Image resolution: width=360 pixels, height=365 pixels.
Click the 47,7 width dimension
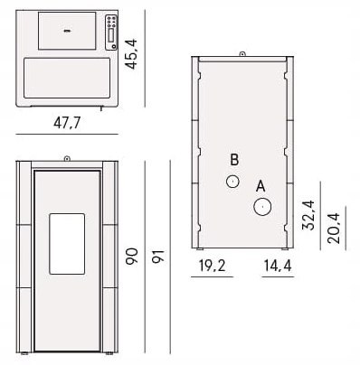click(67, 123)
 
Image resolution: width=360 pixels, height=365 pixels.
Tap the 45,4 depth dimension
click(131, 54)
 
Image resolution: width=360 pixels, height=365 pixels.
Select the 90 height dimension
click(132, 257)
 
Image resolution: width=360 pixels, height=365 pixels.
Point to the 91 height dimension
click(157, 257)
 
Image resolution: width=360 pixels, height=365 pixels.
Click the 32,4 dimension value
click(308, 215)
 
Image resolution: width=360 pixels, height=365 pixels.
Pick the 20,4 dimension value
click(334, 229)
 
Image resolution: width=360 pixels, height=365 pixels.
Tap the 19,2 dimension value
click(212, 266)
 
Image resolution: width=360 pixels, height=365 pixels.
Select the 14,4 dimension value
click(278, 266)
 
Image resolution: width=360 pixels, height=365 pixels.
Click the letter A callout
click(261, 186)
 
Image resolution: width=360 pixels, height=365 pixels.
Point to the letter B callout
click(234, 160)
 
